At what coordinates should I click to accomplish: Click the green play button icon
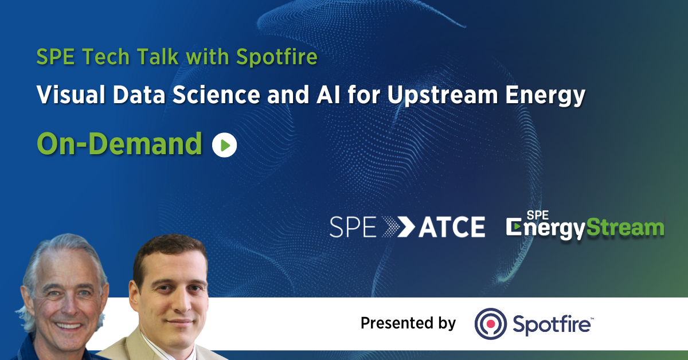point(224,145)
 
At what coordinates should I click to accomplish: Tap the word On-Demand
point(119,144)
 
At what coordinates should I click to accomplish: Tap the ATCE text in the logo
point(451,228)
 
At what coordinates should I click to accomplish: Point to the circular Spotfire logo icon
point(490,323)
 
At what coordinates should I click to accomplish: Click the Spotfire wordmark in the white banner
point(550,324)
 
